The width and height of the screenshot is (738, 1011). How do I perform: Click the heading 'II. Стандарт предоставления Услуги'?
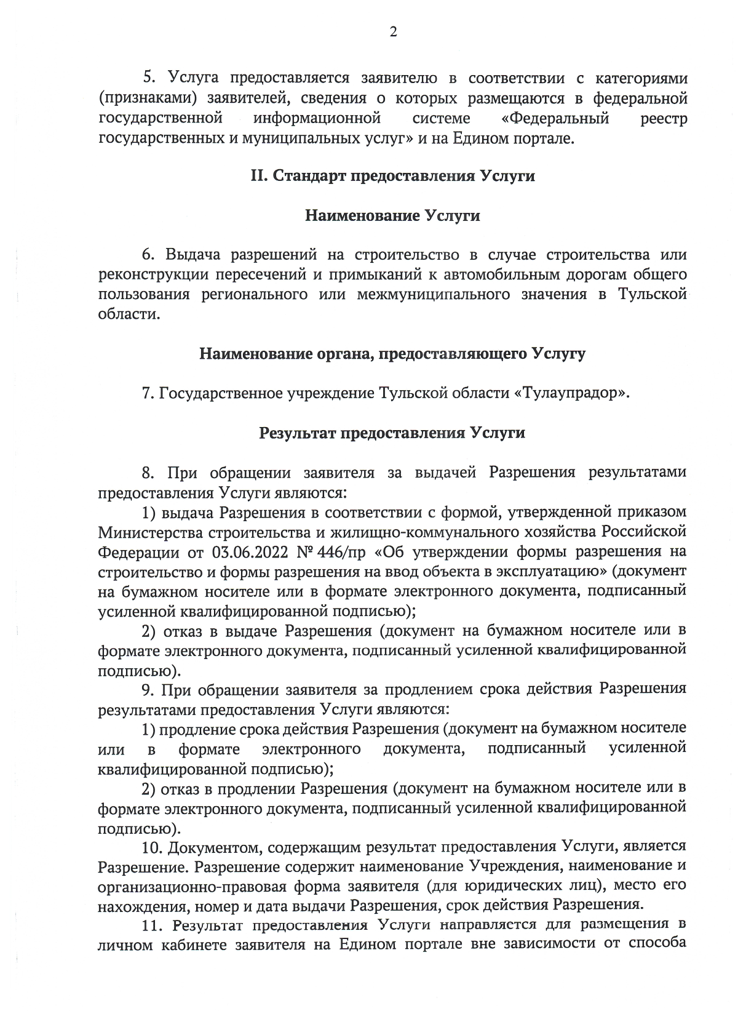[x=392, y=176]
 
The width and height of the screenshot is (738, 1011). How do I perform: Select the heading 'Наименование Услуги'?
[x=392, y=216]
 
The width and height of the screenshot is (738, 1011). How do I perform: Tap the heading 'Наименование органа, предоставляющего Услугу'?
[x=392, y=354]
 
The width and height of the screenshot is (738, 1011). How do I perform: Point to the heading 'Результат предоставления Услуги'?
[x=392, y=433]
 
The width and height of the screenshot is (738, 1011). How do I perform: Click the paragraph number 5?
[x=148, y=78]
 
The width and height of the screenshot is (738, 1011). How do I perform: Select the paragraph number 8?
[x=148, y=473]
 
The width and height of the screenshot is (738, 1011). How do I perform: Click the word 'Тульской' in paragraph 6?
[x=653, y=295]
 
